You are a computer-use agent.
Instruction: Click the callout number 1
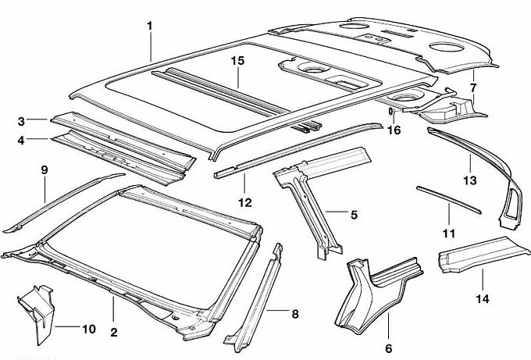[149, 26]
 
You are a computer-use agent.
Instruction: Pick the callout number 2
[113, 333]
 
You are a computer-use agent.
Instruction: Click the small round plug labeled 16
[389, 112]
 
